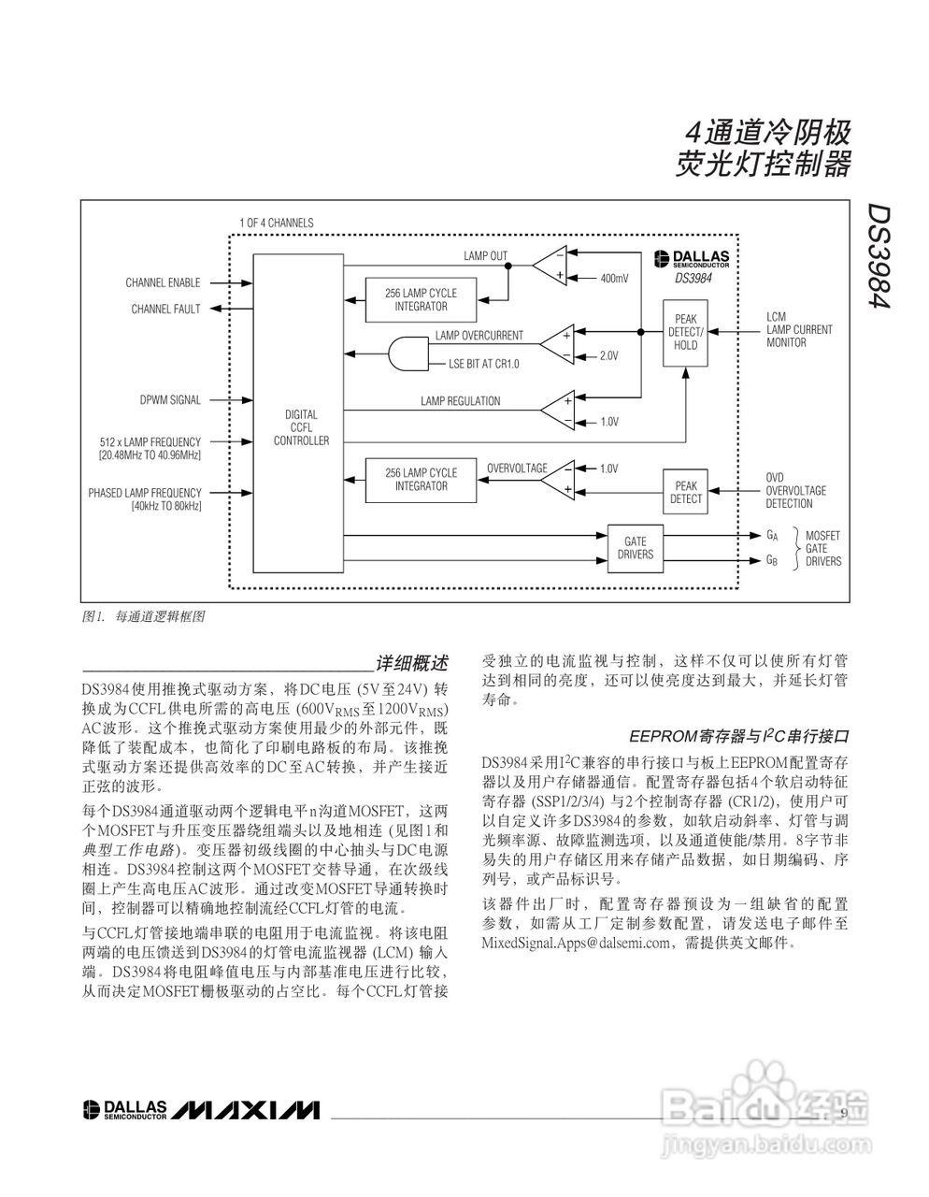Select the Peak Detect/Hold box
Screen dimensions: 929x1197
click(x=685, y=332)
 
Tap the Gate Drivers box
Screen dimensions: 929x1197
click(x=636, y=548)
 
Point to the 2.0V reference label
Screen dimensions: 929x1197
click(x=608, y=356)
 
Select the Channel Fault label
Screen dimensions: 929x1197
click(x=165, y=309)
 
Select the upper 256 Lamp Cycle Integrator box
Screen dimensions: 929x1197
click(x=421, y=299)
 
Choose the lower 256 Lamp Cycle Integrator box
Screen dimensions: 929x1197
click(x=421, y=479)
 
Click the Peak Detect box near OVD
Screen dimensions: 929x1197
click(x=685, y=492)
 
